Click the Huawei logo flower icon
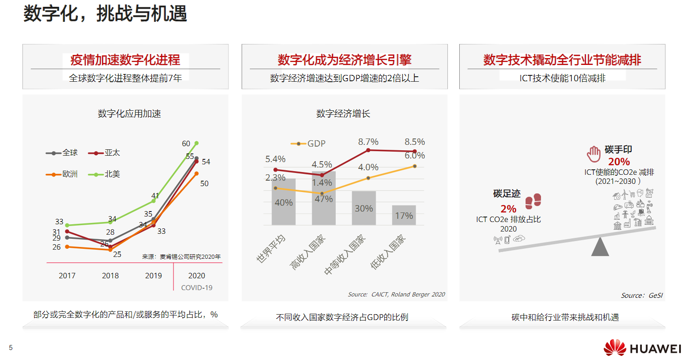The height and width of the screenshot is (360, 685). pos(614,348)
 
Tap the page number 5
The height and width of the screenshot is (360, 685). pos(11,348)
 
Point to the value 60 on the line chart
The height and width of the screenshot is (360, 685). pos(186,143)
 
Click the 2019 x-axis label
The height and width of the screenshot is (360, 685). pos(154,276)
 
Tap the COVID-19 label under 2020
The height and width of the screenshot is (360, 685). pos(197,287)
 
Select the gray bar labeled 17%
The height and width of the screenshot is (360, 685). pos(404,215)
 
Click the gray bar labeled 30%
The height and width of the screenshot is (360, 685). pos(364,208)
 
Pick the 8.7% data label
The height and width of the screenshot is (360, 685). pos(368,142)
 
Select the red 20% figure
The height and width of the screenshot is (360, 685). pos(619,162)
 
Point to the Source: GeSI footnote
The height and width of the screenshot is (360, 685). pos(642,296)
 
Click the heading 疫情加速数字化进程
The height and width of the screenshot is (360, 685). pos(125,59)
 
